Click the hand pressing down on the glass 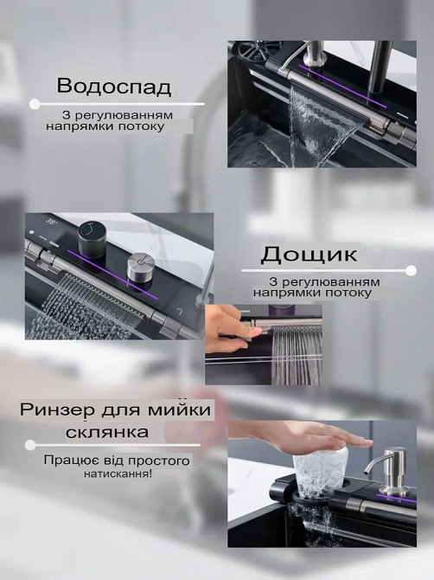point(285,437)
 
